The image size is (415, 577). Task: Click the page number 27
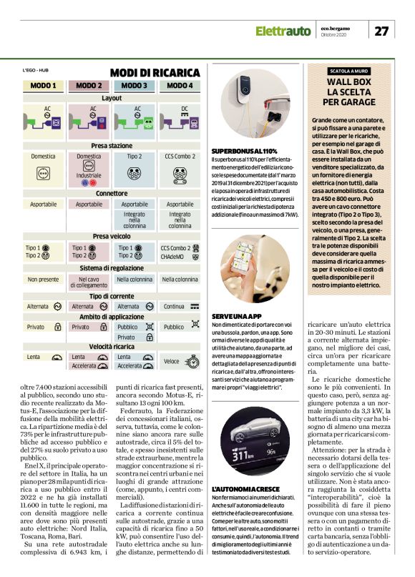(x=382, y=31)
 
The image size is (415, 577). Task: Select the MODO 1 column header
(x=44, y=86)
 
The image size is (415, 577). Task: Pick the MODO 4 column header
(x=180, y=86)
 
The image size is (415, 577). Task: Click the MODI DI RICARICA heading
(x=155, y=73)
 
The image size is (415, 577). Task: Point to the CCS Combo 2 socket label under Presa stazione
(x=180, y=155)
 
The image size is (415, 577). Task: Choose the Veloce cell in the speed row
(x=172, y=361)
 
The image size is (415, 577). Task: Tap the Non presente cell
(x=42, y=280)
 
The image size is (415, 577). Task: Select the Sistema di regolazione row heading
(x=111, y=267)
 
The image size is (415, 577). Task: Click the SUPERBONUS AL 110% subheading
(x=244, y=152)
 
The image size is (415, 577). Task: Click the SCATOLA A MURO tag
(x=350, y=71)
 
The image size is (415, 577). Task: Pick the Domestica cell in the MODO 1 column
(x=43, y=155)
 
